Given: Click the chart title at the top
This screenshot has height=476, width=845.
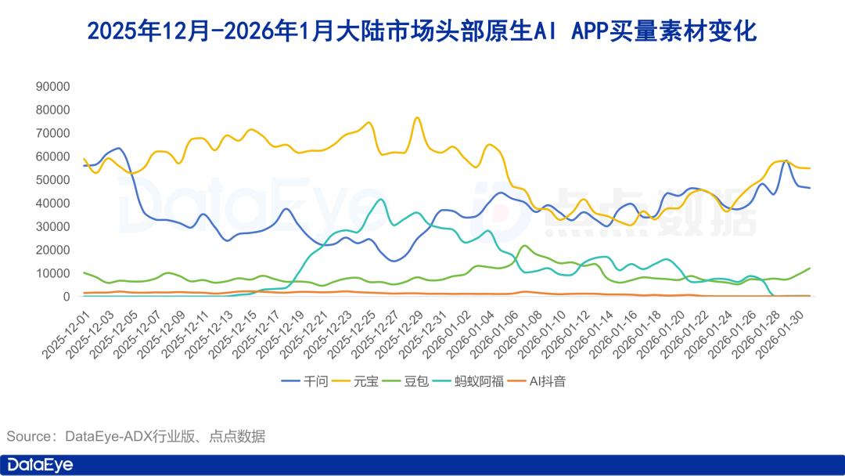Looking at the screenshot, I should (422, 31).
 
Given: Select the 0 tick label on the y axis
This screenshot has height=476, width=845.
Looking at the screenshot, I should (67, 297).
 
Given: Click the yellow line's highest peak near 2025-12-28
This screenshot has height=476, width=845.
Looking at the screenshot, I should (417, 117).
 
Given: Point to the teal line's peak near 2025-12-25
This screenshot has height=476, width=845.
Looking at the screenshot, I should (380, 199).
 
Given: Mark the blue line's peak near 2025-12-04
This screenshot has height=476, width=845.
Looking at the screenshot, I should (118, 147).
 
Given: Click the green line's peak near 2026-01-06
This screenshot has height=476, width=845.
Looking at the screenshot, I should (524, 246).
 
